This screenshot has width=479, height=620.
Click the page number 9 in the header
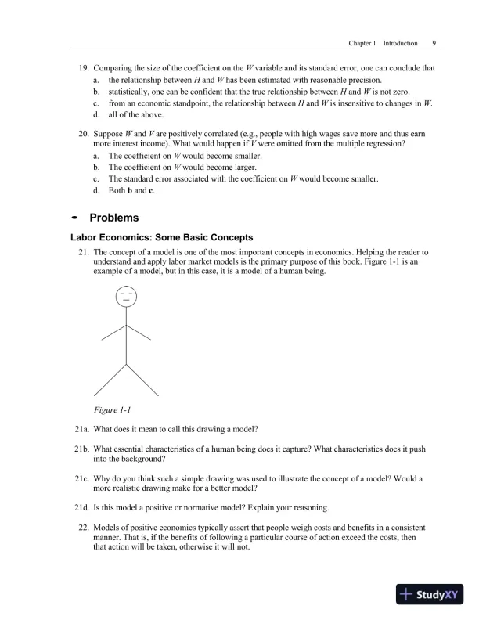(x=434, y=44)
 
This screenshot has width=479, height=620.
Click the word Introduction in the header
(x=400, y=44)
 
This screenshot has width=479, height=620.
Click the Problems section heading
(x=115, y=218)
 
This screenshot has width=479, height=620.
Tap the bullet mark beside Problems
(x=75, y=218)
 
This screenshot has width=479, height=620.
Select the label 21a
(x=80, y=429)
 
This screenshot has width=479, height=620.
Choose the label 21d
(x=80, y=506)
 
